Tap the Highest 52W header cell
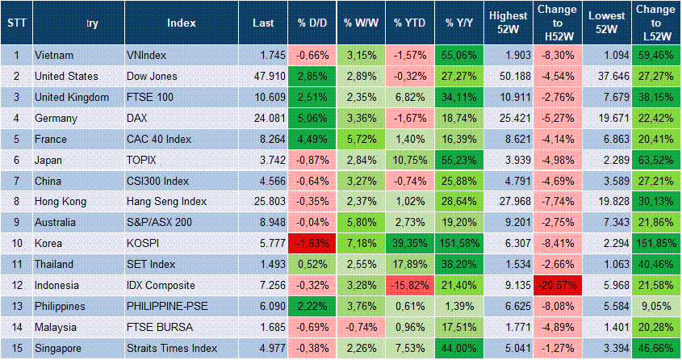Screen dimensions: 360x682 507,23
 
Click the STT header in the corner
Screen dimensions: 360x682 15,23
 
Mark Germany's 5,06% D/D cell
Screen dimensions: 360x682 310,118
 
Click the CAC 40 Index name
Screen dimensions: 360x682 160,139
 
